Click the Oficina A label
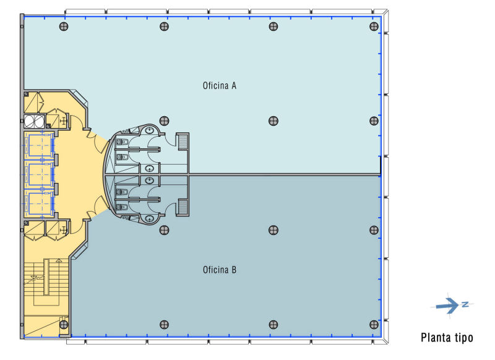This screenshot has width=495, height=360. [220, 85]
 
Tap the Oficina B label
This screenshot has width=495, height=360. [220, 270]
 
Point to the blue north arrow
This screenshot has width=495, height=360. [447, 306]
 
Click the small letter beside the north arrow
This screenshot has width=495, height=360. [465, 304]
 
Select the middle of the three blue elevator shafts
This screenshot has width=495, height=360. [40, 174]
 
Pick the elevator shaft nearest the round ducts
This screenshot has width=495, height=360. [40, 145]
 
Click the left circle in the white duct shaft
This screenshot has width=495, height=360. [29, 121]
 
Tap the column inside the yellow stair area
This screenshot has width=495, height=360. [64, 324]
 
